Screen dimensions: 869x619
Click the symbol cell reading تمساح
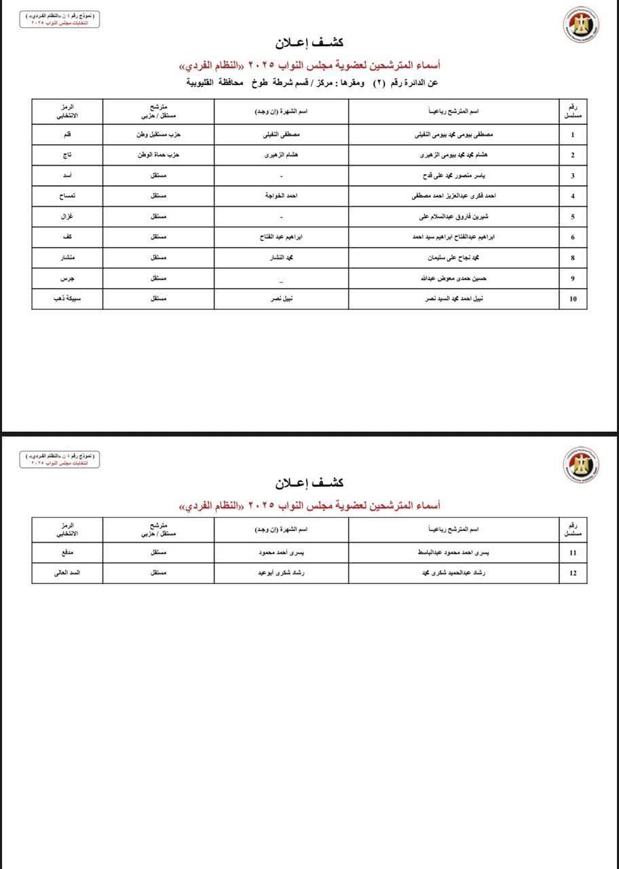[67, 196]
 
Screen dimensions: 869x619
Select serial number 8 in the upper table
[573, 258]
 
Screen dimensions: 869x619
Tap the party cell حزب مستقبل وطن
[158, 134]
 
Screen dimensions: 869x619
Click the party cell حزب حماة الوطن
[158, 155]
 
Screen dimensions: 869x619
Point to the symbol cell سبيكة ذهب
[67, 299]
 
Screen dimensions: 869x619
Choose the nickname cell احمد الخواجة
[281, 196]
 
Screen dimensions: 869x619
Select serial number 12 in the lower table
[573, 573]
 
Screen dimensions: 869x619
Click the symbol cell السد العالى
[67, 573]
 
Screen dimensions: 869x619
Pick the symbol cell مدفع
[67, 553]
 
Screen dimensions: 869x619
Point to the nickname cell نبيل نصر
[281, 299]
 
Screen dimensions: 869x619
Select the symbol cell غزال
[67, 217]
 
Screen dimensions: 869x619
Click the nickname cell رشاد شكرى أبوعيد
[281, 573]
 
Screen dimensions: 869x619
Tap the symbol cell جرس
[67, 278]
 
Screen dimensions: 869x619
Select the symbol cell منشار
[67, 258]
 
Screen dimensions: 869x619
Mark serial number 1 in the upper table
[573, 134]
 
